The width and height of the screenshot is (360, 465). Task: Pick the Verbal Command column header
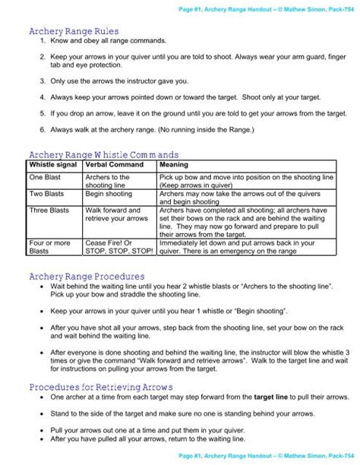[x=110, y=163]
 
